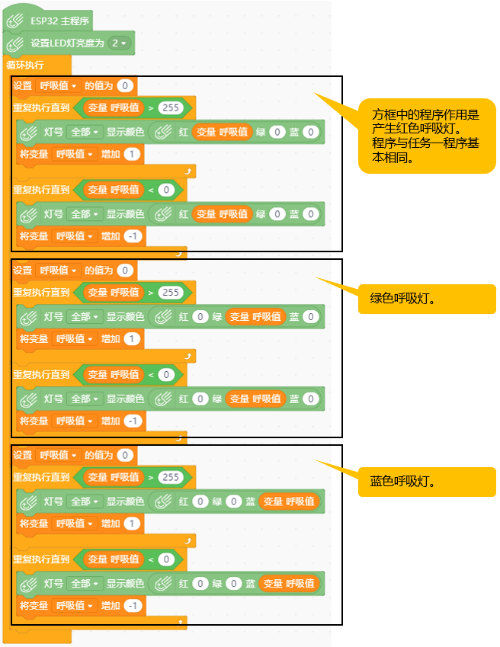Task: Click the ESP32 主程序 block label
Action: pyautogui.click(x=59, y=21)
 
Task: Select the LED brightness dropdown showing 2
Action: pyautogui.click(x=119, y=43)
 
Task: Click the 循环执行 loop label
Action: pyautogui.click(x=24, y=65)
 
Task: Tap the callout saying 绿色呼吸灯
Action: pyautogui.click(x=427, y=299)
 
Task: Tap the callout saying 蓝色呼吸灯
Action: pyautogui.click(x=427, y=482)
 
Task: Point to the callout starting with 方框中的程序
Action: pyautogui.click(x=427, y=136)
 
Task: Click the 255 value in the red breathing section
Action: pyautogui.click(x=171, y=107)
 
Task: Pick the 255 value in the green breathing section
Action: pyautogui.click(x=171, y=293)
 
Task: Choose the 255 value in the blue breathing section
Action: pyautogui.click(x=171, y=477)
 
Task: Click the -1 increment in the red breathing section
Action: pyautogui.click(x=133, y=236)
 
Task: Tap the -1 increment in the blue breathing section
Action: pyautogui.click(x=133, y=606)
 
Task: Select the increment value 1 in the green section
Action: pyautogui.click(x=132, y=339)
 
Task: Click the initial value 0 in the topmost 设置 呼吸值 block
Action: pyautogui.click(x=125, y=86)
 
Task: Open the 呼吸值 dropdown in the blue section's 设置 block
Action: pyautogui.click(x=58, y=455)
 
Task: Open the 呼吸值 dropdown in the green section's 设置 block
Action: pyautogui.click(x=58, y=271)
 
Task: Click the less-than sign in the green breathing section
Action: pyautogui.click(x=151, y=375)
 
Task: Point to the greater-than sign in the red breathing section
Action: pyautogui.click(x=151, y=108)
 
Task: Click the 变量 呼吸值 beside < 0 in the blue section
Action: pyautogui.click(x=114, y=559)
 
